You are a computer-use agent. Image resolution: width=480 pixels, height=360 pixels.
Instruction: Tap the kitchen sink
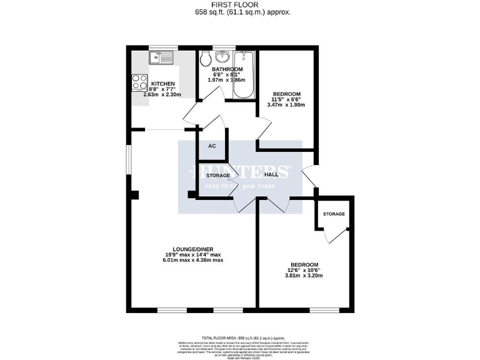(160, 58)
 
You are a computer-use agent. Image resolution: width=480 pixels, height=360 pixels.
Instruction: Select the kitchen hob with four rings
(139, 83)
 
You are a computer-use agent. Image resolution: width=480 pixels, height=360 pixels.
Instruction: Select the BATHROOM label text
(227, 69)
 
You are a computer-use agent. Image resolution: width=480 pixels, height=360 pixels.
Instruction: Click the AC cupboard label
(212, 146)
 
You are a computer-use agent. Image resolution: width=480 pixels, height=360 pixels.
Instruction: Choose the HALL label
(271, 176)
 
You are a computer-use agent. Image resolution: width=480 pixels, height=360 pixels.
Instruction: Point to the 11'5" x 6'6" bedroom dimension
(286, 99)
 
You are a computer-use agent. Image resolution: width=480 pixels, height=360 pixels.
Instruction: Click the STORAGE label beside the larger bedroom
(334, 214)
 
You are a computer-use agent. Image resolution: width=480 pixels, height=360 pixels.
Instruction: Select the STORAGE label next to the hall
(218, 176)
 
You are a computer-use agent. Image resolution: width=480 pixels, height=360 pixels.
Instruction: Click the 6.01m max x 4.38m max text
(194, 260)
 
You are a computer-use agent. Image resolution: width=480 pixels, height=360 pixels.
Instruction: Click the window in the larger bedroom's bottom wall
(325, 309)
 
